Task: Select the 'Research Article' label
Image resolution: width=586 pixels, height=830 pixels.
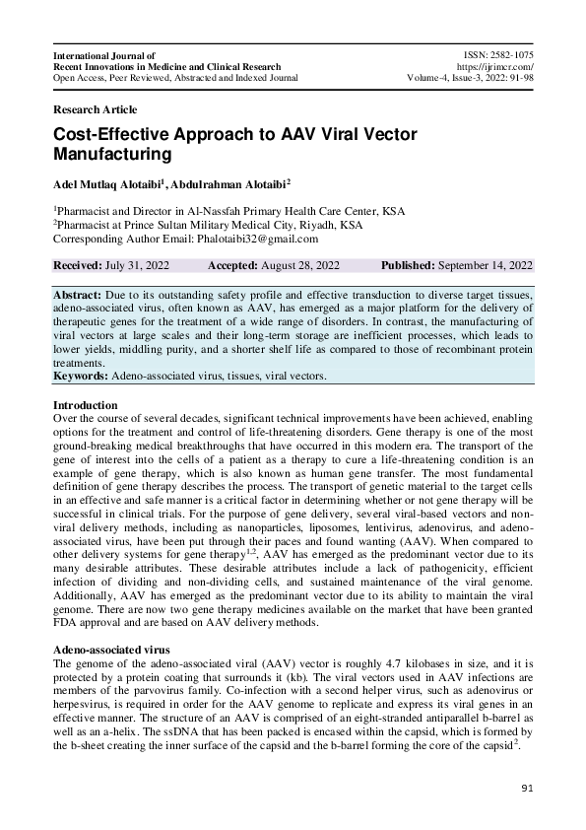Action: [95, 109]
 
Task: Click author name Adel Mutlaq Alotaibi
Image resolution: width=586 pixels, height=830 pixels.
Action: [113, 183]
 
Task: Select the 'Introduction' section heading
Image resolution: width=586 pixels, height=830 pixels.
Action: [85, 405]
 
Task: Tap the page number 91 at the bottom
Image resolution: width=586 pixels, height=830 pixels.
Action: [526, 789]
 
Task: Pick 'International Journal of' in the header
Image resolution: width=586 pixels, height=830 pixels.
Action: [104, 56]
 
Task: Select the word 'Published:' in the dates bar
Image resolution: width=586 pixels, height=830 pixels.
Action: [410, 265]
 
